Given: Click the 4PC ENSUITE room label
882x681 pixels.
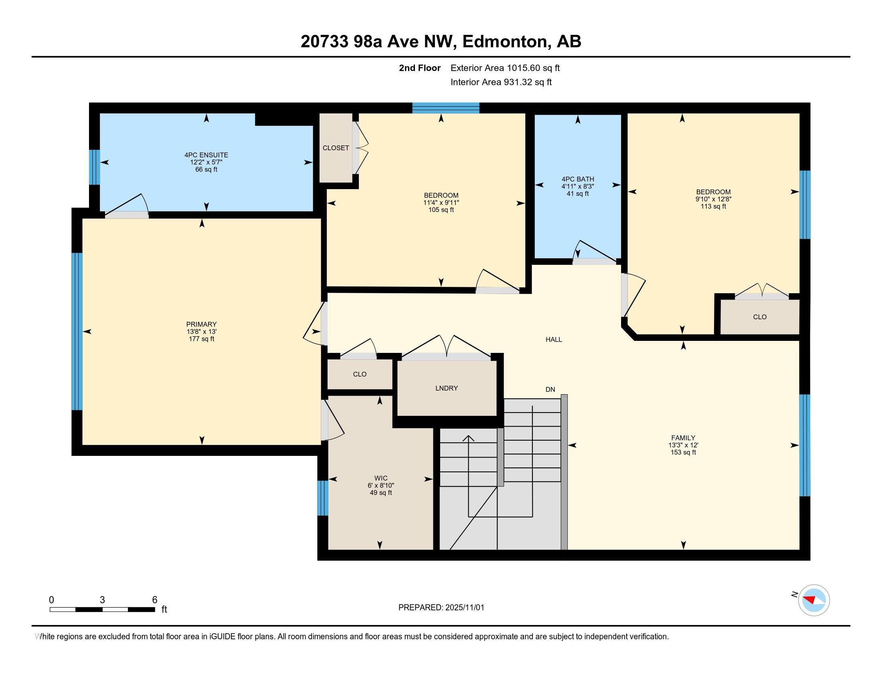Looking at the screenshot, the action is pos(206,155).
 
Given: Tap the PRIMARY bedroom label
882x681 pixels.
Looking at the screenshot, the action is pos(202,324).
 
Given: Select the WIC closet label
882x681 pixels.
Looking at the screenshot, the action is pos(381,478).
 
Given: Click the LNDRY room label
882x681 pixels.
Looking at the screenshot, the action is pos(447,388).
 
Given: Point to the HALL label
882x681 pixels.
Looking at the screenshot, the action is pos(554,340).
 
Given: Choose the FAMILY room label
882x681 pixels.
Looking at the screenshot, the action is pos(683,438).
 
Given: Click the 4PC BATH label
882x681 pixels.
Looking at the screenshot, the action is pos(577,179).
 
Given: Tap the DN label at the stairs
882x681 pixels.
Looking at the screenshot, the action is pos(550,390).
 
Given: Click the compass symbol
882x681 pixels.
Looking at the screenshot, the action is pos(814,600).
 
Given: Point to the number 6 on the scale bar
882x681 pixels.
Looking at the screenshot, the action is pos(155,600).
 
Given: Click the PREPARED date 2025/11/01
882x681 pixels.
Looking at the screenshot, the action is pos(465,608).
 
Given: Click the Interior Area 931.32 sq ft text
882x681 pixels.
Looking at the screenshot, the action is pos(501,82).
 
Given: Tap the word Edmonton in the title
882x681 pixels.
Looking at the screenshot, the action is pos(504,41).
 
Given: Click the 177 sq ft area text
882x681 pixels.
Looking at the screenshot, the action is pos(202,339).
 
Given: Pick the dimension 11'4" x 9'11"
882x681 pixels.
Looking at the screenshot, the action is pos(441,203).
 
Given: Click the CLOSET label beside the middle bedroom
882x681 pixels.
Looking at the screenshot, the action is pos(336,148).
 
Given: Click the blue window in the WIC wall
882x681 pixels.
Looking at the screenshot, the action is pos(323,498).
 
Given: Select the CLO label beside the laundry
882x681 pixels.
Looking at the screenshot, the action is pos(360,375).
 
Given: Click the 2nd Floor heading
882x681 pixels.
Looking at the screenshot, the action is pos(420,68).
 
